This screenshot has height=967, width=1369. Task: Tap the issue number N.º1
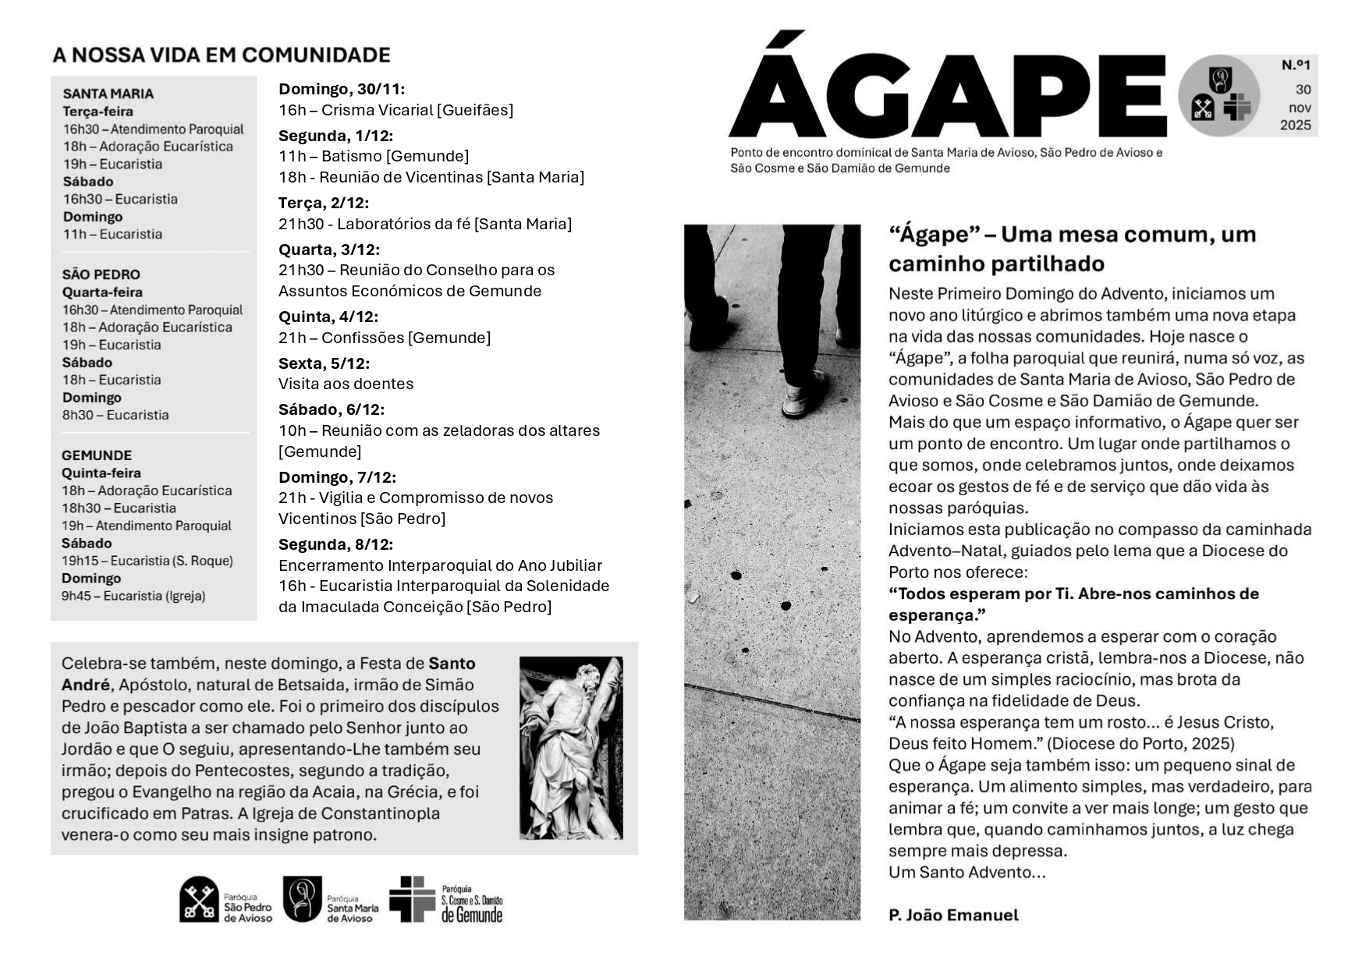[x=1296, y=66]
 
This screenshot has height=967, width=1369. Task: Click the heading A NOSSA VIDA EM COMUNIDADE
[x=222, y=55]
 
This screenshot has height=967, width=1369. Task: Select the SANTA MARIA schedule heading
[x=108, y=94]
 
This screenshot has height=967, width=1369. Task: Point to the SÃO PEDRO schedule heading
[x=101, y=275]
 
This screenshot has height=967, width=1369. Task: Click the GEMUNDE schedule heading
[x=97, y=455]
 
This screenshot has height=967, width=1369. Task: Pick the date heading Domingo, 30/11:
[x=342, y=89]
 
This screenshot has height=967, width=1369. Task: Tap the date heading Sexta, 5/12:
[x=324, y=363]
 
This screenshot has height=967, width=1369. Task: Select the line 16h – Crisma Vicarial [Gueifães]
[x=396, y=110]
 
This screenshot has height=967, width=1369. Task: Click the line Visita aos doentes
[x=346, y=384]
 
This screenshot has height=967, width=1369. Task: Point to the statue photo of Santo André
[x=571, y=748]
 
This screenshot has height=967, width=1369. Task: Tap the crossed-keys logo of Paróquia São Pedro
[x=199, y=899]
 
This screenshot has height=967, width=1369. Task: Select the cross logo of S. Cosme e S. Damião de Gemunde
[x=412, y=898]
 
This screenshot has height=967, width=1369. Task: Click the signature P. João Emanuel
[x=953, y=916]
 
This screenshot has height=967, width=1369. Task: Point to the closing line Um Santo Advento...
[x=966, y=873]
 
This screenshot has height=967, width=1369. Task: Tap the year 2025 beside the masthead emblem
[x=1296, y=125]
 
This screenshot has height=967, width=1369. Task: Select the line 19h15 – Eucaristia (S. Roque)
[x=147, y=561]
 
